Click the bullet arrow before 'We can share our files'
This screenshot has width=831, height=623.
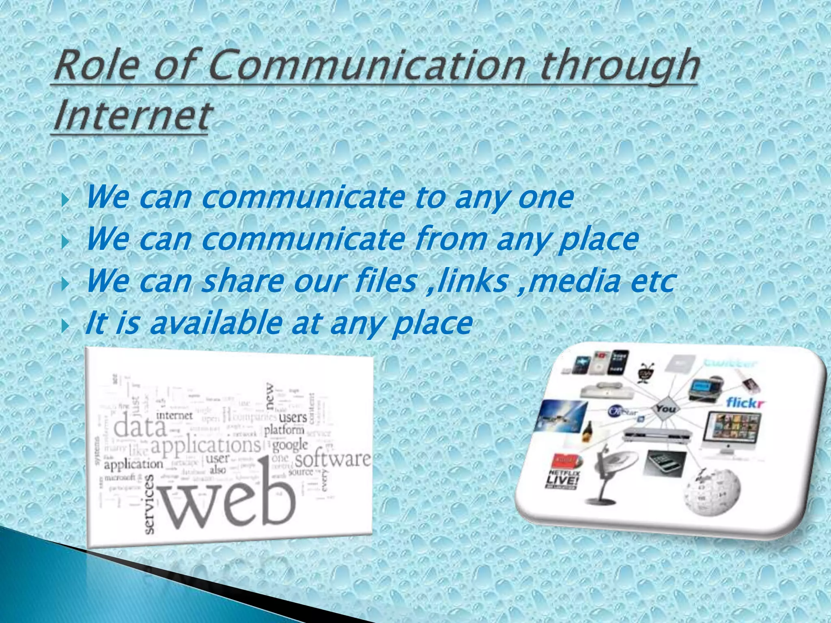click(65, 284)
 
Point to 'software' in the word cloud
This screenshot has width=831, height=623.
click(333, 459)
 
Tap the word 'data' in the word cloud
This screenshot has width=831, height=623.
click(140, 427)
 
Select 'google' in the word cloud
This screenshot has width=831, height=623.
click(290, 445)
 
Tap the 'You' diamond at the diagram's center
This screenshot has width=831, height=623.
click(665, 409)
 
